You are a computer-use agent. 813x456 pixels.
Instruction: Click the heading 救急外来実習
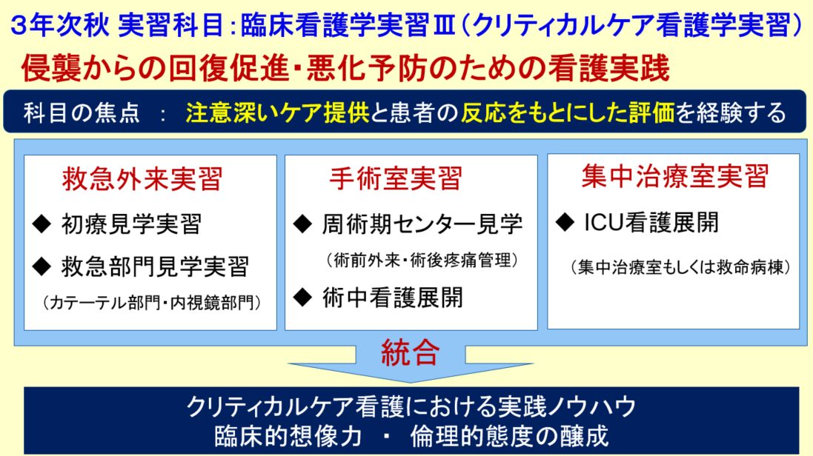click(x=142, y=179)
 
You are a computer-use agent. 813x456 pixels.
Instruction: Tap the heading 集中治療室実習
click(x=674, y=176)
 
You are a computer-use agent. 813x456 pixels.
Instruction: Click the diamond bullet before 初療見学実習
click(x=42, y=224)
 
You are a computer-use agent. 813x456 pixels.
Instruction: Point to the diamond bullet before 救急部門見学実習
click(x=42, y=266)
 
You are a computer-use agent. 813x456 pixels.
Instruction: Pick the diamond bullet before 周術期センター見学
click(x=303, y=224)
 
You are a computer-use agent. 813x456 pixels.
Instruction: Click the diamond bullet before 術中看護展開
click(x=303, y=298)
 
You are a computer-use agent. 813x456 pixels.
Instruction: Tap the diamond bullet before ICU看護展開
click(x=565, y=222)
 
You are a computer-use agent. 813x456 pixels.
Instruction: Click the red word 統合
click(x=410, y=353)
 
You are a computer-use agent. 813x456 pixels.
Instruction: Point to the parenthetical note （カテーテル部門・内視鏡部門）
click(x=151, y=303)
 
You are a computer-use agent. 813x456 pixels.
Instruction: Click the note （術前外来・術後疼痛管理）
click(x=422, y=260)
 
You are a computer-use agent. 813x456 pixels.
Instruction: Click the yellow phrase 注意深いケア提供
click(x=277, y=113)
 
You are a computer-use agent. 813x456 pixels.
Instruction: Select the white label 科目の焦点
click(x=82, y=113)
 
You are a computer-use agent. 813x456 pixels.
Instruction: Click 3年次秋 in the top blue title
click(x=59, y=25)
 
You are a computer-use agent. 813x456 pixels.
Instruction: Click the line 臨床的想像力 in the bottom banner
click(x=288, y=436)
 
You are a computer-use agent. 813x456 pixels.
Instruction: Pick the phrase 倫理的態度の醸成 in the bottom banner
click(x=509, y=436)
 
